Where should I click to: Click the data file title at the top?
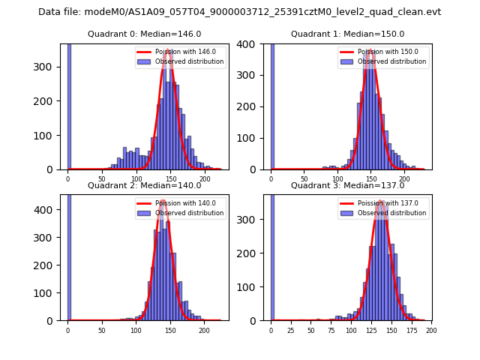pyautogui.click(x=239, y=12)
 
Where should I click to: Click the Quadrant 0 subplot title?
pyautogui.click(x=144, y=34)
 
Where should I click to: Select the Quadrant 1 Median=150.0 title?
pyautogui.click(x=347, y=34)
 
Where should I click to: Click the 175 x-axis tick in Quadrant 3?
pyautogui.click(x=411, y=329)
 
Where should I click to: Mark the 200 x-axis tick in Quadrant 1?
pyautogui.click(x=404, y=178)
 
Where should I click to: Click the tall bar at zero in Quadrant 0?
pyautogui.click(x=69, y=105)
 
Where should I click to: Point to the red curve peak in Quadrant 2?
pyautogui.click(x=163, y=202)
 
